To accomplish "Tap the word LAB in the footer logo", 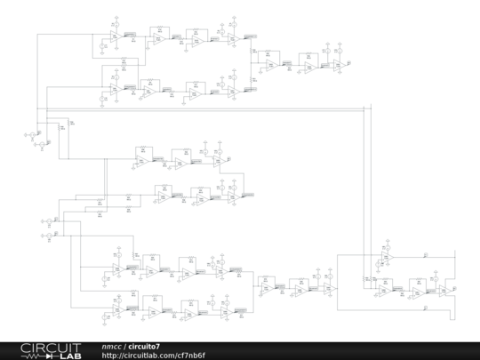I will point(67,355).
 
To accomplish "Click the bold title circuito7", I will point(145,346).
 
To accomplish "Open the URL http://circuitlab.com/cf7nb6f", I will point(154,355).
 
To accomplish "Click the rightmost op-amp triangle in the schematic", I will point(443,290).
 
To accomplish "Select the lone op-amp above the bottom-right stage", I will point(386,257).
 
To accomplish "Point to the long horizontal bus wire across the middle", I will point(204,109).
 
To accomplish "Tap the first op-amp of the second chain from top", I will point(116,89).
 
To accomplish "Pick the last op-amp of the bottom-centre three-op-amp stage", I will point(329,288).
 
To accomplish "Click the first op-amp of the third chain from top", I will point(140,161).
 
